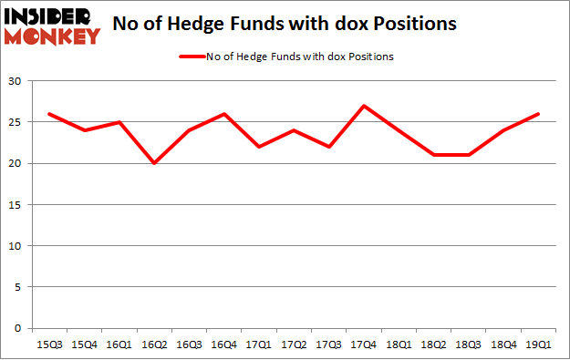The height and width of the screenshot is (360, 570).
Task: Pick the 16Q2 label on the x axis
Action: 153,344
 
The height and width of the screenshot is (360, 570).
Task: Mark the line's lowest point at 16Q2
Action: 153,164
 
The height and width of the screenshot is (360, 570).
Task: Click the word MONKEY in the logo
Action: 52,36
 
